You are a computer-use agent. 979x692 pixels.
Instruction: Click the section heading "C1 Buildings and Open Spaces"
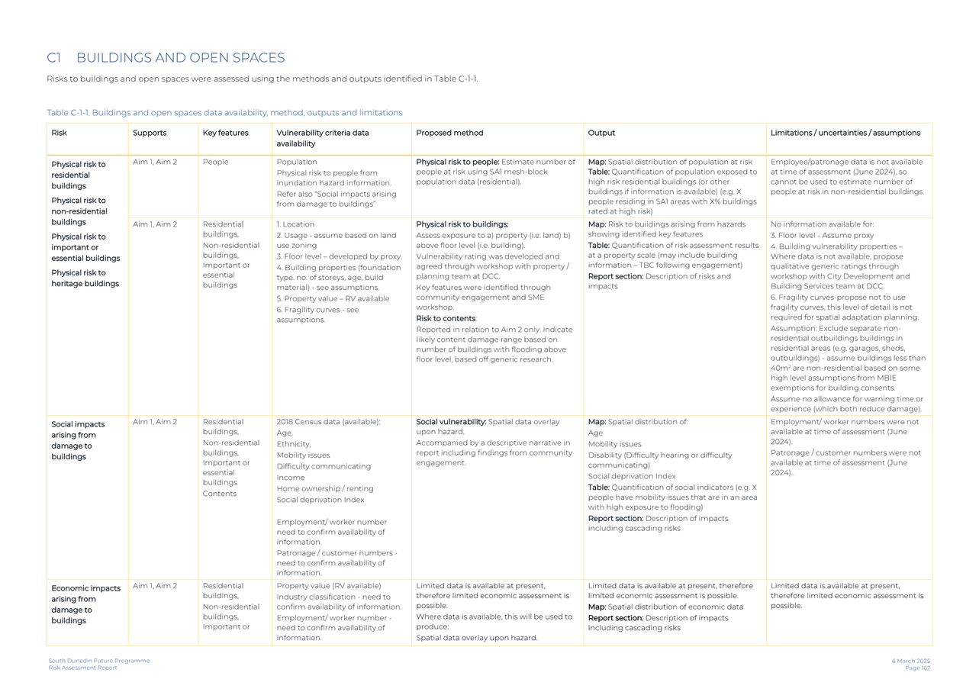click(x=166, y=58)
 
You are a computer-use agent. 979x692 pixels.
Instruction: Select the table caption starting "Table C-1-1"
click(x=224, y=113)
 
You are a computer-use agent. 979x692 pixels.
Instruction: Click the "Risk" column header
click(x=59, y=133)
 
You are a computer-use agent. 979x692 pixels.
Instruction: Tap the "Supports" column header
click(x=150, y=133)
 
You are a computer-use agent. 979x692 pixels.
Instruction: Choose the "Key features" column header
click(x=225, y=133)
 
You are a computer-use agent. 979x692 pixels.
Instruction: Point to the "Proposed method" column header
click(x=449, y=133)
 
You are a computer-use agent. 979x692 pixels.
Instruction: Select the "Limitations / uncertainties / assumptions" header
click(x=845, y=133)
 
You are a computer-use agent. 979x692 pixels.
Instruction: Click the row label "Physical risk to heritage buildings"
click(x=85, y=278)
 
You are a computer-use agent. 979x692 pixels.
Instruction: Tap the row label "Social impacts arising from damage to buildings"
click(x=78, y=440)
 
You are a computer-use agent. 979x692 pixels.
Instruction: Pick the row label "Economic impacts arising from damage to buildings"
click(x=85, y=604)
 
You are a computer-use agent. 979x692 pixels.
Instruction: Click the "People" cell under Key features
click(x=215, y=162)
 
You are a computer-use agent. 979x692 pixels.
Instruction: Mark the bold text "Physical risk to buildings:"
click(x=462, y=224)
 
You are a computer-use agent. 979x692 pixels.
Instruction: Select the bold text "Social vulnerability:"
click(x=451, y=422)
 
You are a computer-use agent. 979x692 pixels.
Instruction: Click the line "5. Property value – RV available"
click(x=333, y=298)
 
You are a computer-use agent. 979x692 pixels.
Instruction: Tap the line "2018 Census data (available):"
click(x=328, y=422)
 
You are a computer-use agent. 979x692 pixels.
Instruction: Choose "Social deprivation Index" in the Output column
click(x=631, y=476)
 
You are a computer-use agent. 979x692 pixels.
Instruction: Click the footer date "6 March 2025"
click(x=910, y=661)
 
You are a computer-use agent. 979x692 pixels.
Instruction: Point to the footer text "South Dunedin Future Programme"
click(x=99, y=661)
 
